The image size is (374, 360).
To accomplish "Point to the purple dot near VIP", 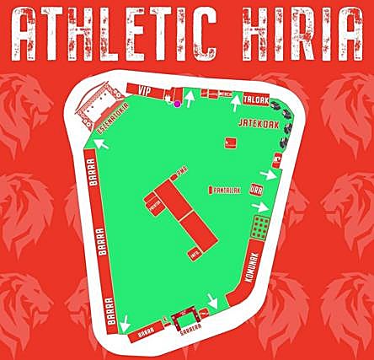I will point(177,104).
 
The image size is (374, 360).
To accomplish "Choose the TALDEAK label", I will point(255,98).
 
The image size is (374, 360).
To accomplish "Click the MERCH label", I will point(225,94).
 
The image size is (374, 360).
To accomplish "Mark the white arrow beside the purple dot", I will point(190,99).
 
